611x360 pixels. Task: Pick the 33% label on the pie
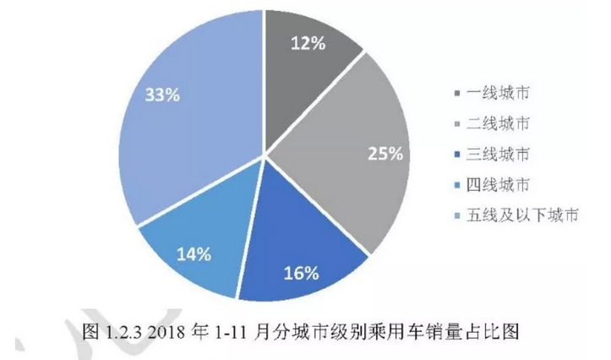click(162, 95)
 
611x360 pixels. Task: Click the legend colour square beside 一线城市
click(457, 91)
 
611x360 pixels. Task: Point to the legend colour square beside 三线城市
click(457, 154)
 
